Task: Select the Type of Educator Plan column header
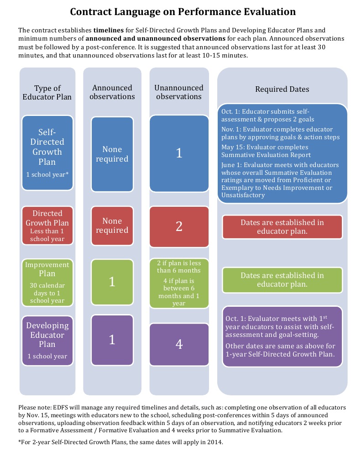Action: tap(47, 92)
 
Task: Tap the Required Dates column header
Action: tap(282, 89)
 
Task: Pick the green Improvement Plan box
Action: tap(47, 282)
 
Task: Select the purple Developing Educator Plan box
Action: tap(47, 341)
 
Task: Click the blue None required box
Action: tap(112, 154)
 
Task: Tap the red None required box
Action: tap(112, 226)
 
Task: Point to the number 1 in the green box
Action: tap(112, 282)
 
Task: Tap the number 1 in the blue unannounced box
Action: tap(179, 153)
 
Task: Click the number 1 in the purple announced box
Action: tap(112, 340)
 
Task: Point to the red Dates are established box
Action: tap(282, 227)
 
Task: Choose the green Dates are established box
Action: tap(282, 280)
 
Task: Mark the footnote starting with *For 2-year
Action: tap(121, 442)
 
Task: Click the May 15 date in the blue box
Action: tap(231, 147)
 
